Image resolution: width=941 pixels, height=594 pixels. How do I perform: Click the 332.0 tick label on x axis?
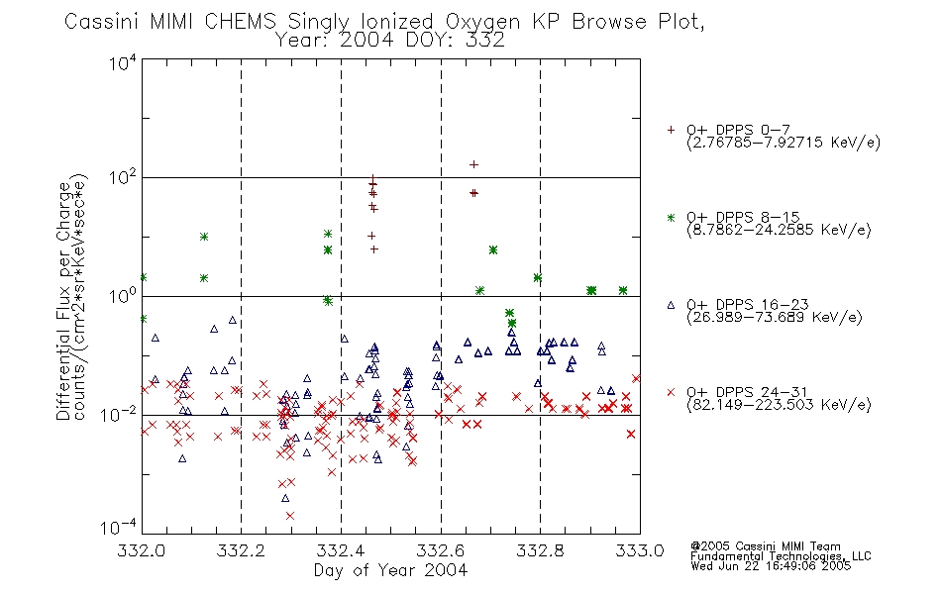coord(141,550)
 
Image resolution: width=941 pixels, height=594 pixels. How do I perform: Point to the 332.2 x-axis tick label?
coord(241,550)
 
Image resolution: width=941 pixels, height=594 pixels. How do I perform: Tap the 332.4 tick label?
coord(341,550)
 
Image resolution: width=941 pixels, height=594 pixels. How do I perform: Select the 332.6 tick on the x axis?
coord(441,550)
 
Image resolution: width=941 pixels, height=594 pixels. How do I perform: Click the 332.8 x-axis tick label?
coord(540,550)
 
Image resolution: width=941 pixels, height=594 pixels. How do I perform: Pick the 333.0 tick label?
coord(640,550)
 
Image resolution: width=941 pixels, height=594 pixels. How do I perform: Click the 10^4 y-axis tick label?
coord(123,62)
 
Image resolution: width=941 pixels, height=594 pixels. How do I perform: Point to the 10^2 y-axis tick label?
coord(123,178)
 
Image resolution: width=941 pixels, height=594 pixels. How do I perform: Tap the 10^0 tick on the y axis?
coord(123,297)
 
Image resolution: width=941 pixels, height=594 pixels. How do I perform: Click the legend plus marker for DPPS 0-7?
coord(671,130)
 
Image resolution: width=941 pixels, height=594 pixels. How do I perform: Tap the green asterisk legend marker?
coord(671,217)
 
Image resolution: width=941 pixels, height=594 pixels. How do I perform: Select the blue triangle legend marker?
coord(671,305)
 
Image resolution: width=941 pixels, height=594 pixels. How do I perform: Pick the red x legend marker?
coord(671,392)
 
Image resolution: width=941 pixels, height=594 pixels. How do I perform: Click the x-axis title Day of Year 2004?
coord(390,570)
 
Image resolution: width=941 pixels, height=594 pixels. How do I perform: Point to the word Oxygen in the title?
coord(482,22)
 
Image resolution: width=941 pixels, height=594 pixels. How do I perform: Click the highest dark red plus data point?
coord(473,164)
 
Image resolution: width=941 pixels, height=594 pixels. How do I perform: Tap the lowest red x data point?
coord(290,516)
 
